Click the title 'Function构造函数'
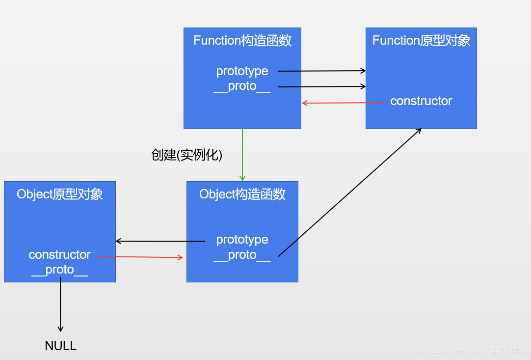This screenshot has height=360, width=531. pos(242,41)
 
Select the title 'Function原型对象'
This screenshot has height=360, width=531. pos(421,41)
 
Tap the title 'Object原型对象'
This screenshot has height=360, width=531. pos(60,194)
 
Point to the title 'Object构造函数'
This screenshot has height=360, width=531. pos(242,194)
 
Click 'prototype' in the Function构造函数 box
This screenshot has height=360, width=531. pos(242,71)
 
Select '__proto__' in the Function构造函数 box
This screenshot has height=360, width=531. pos(242,86)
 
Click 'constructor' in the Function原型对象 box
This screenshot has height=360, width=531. pos(421,101)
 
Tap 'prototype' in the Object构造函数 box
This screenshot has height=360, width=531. pos(242,240)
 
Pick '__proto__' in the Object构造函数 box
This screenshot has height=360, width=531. pos(242,255)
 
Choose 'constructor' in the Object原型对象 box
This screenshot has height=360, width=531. pos(60,255)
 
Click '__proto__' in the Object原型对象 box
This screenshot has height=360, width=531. pos(60,270)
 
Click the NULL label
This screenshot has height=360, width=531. pos(61,346)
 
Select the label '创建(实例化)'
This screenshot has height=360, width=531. pos(187,155)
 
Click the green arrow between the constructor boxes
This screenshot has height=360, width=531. pos(242,155)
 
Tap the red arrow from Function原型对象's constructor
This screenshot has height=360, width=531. pos(344,103)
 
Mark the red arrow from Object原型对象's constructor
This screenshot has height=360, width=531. pos(140,257)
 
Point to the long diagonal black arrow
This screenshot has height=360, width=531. pos(349,193)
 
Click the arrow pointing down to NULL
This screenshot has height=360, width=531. pos(60,305)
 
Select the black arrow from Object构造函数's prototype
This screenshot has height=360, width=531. pos(160,241)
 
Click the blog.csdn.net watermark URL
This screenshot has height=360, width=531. pos(459,351)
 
